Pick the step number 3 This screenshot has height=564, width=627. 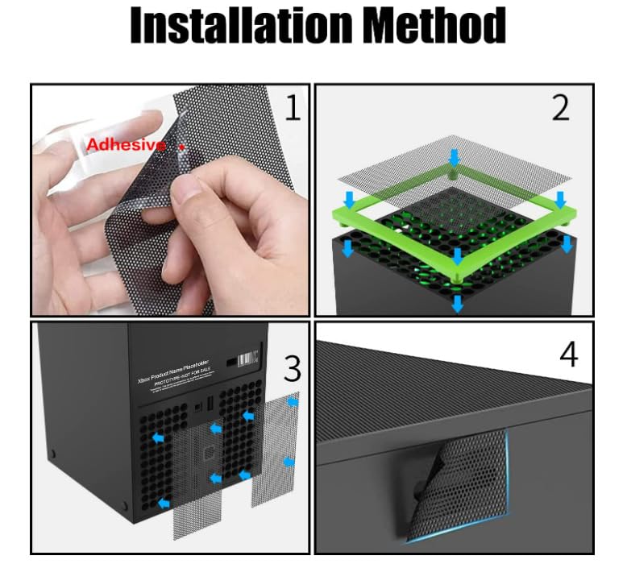[292, 368]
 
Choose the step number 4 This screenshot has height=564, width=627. [569, 354]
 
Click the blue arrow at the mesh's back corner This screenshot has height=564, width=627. [455, 156]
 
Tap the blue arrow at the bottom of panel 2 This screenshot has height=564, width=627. [457, 303]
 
